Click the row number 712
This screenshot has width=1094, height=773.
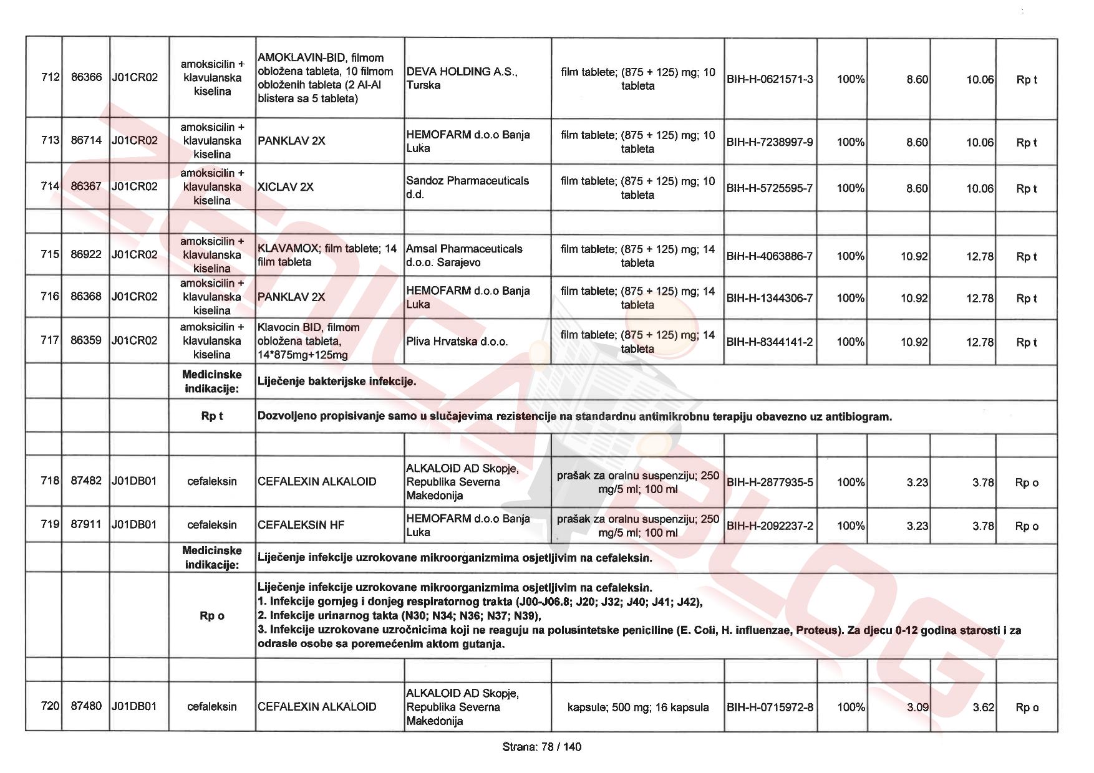[x=50, y=77]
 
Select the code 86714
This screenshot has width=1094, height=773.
[x=86, y=140]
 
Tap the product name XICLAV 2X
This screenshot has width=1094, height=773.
[x=286, y=187]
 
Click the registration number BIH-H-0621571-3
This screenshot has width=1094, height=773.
[x=770, y=79]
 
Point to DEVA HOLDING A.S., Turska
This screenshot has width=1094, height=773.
[x=462, y=79]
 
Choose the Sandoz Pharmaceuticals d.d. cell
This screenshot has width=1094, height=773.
[x=467, y=187]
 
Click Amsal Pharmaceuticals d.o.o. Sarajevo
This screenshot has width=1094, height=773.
[x=464, y=256]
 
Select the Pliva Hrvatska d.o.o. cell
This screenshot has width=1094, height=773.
[x=457, y=342]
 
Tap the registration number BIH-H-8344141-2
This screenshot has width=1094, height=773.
[x=770, y=342]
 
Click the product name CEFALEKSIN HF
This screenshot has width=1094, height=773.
[x=301, y=525]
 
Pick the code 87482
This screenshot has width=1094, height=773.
[x=86, y=481]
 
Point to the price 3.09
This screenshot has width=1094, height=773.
[x=917, y=707]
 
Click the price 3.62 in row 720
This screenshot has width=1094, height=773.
[x=984, y=707]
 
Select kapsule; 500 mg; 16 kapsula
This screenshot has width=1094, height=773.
[x=637, y=707]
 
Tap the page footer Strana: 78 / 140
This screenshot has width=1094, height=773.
[x=541, y=747]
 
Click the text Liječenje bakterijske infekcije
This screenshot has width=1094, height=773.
[x=337, y=382]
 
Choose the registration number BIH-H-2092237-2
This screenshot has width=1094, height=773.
[x=770, y=526]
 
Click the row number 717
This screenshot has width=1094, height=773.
[x=50, y=340]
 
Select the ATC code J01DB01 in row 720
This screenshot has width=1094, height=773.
[x=134, y=706]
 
